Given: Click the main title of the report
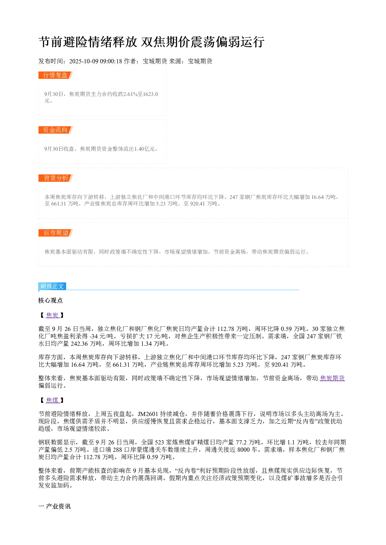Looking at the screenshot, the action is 151,42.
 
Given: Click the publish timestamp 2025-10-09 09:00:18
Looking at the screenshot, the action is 95,61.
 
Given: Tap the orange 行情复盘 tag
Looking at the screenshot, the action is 55,75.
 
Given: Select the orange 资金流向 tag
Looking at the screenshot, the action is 55,130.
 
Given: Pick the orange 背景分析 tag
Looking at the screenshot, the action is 55,178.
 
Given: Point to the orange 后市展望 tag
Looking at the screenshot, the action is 55,233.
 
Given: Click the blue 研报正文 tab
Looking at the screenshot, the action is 52,286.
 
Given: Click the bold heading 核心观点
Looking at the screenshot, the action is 51,301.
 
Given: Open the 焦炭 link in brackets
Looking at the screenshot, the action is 53,315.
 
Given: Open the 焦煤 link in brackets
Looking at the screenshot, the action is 53,400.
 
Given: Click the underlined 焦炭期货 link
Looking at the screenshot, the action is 332,378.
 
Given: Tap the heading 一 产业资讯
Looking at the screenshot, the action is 54,507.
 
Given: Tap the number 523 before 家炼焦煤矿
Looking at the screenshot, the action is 160,442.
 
